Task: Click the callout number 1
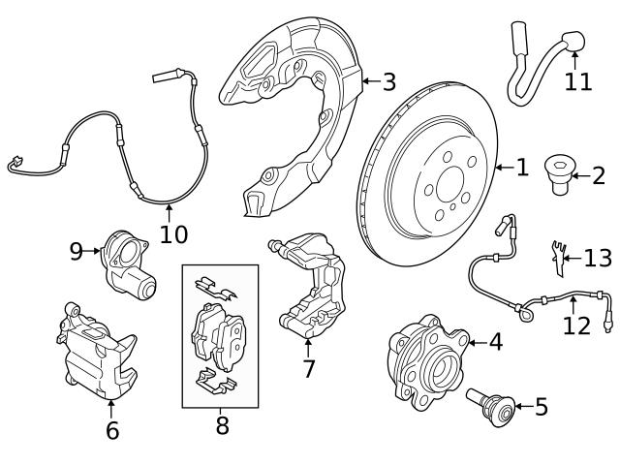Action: click(x=522, y=169)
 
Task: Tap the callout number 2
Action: click(x=598, y=175)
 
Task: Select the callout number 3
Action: click(x=388, y=82)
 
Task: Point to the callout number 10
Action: click(x=173, y=233)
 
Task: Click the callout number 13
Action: click(x=598, y=258)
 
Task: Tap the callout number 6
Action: click(x=112, y=430)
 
